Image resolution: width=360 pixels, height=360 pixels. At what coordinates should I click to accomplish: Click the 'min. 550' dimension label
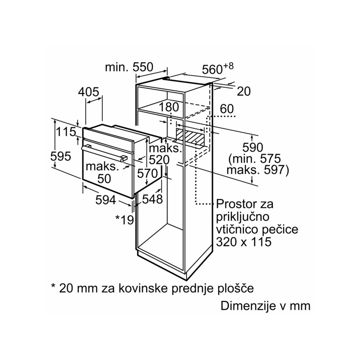pos(129,67)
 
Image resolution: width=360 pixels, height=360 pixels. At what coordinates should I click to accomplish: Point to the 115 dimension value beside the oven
pos(65,133)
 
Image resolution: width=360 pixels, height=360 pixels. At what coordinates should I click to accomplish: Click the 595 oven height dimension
pos(61,156)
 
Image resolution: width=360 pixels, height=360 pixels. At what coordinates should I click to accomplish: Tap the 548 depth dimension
pos(152,198)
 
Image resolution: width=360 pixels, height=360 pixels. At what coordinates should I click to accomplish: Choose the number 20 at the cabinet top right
pos(243,91)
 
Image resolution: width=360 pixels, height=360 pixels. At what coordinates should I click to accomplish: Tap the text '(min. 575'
pos(254,159)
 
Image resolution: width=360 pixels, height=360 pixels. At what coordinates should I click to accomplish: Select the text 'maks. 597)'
pos(257,170)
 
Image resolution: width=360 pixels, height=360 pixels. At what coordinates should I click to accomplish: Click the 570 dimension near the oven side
pos(147,173)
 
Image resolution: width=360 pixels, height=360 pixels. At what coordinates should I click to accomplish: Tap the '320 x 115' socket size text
pos(244,242)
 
